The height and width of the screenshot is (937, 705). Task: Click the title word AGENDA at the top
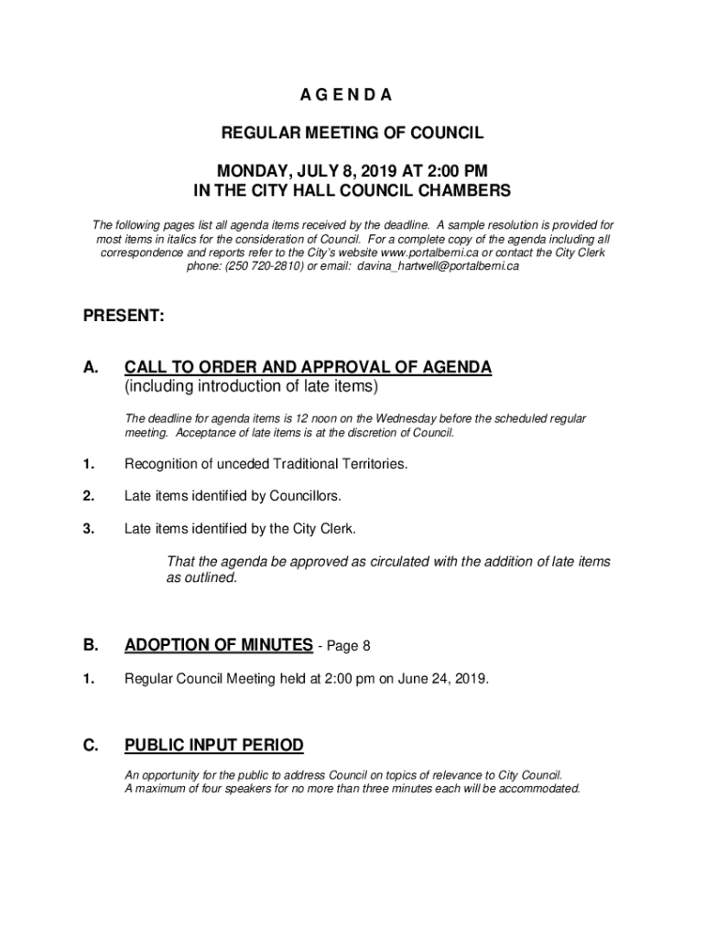tap(352, 95)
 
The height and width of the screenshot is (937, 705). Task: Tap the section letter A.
tap(91, 368)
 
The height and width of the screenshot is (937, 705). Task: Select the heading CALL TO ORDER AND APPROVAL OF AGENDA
tap(308, 368)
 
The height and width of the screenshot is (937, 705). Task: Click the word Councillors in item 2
tap(304, 496)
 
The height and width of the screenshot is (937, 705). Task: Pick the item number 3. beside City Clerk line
tap(89, 528)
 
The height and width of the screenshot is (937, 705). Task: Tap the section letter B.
tap(91, 645)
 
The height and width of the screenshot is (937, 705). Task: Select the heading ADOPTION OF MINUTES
tap(218, 645)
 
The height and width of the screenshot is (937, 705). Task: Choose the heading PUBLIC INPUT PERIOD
tap(213, 746)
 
